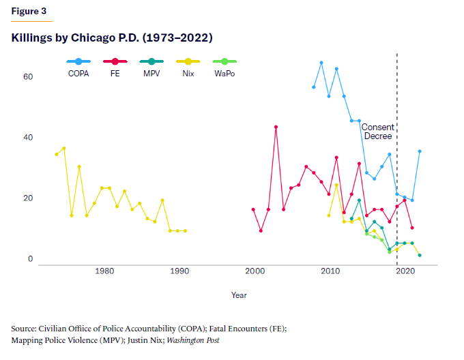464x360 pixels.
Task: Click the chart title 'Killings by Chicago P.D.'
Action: pyautogui.click(x=112, y=37)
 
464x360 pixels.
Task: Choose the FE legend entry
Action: pyautogui.click(x=117, y=73)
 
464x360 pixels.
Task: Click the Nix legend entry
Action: pyautogui.click(x=188, y=73)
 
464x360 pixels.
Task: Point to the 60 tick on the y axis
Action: pyautogui.click(x=28, y=77)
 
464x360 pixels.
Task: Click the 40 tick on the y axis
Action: pyautogui.click(x=28, y=138)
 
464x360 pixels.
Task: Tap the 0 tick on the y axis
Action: pyautogui.click(x=30, y=260)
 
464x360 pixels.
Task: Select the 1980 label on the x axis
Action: pyautogui.click(x=104, y=271)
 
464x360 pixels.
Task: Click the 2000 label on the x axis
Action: pyautogui.click(x=255, y=271)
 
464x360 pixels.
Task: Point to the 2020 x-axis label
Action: pyautogui.click(x=405, y=271)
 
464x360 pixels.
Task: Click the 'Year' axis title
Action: pyautogui.click(x=239, y=295)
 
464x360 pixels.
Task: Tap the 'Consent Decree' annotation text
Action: pyautogui.click(x=377, y=132)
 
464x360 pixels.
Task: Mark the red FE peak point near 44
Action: pyautogui.click(x=276, y=127)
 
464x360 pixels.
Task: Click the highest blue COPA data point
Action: pyautogui.click(x=321, y=63)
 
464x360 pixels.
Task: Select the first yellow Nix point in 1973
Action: pyautogui.click(x=57, y=154)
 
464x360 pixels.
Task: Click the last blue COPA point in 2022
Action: pyautogui.click(x=420, y=151)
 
